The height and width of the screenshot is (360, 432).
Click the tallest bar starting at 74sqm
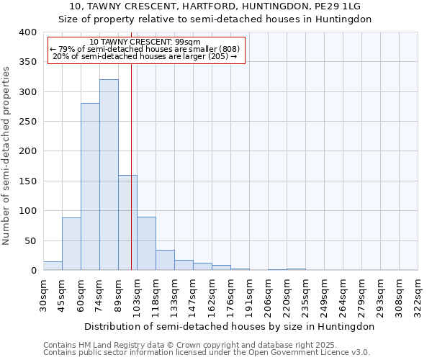(x=109, y=175)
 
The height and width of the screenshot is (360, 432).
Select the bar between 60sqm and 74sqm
(x=90, y=187)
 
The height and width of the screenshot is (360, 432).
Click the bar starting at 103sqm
(x=146, y=243)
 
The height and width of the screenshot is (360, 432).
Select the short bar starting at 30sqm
(x=53, y=266)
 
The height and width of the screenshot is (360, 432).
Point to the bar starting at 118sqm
(x=165, y=260)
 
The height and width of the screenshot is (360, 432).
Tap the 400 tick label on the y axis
(x=27, y=32)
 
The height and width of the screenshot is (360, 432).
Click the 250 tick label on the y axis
(x=27, y=122)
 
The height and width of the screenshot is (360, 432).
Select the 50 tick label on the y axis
(x=30, y=240)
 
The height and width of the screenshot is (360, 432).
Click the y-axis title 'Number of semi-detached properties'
(x=7, y=155)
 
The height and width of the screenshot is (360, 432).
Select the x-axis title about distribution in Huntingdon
(x=229, y=326)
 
